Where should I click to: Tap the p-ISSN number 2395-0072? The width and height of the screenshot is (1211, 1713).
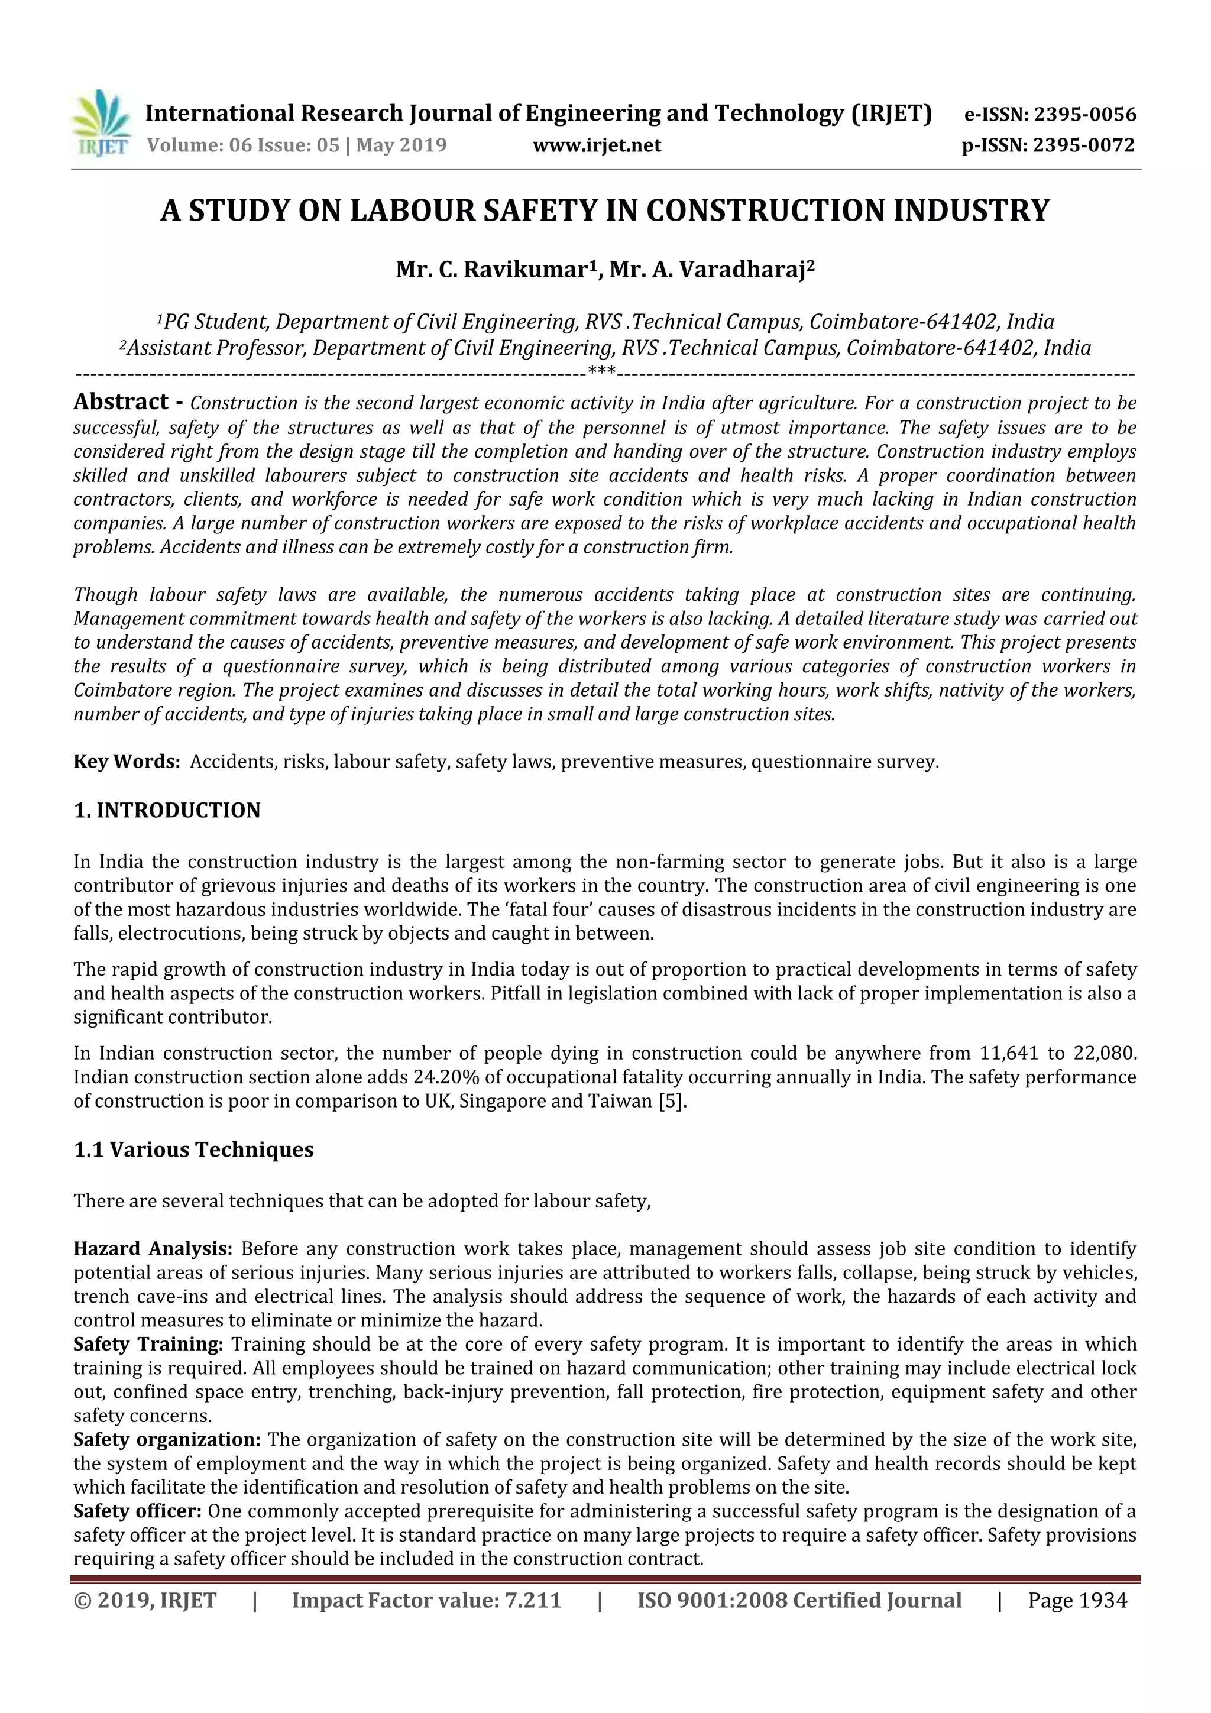[x=1083, y=145]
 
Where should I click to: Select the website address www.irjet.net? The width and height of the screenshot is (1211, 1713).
[x=597, y=145]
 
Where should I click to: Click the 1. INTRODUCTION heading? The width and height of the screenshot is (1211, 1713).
[x=167, y=810]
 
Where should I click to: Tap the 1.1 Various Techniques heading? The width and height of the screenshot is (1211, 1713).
[x=193, y=1149]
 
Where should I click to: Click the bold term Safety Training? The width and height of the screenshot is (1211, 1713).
[x=148, y=1345]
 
